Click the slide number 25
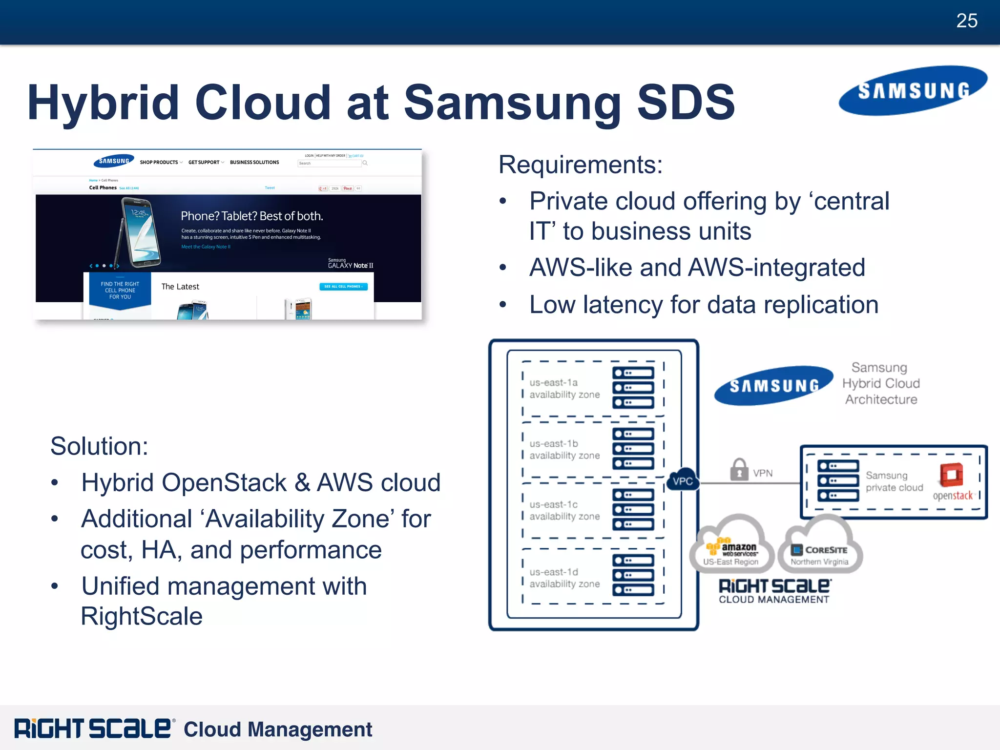(x=966, y=21)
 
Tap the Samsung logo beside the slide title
(x=913, y=91)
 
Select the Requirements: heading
(x=580, y=165)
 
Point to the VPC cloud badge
(x=682, y=481)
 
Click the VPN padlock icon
(x=739, y=470)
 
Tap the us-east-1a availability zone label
(x=564, y=389)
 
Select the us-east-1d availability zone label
(x=564, y=578)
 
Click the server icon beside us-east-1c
(x=633, y=509)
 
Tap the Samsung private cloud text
(x=894, y=481)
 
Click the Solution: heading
(x=99, y=446)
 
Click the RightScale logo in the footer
(x=93, y=729)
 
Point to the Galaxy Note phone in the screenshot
(x=138, y=232)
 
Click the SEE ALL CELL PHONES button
(x=343, y=287)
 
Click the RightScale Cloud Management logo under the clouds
(x=774, y=591)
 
